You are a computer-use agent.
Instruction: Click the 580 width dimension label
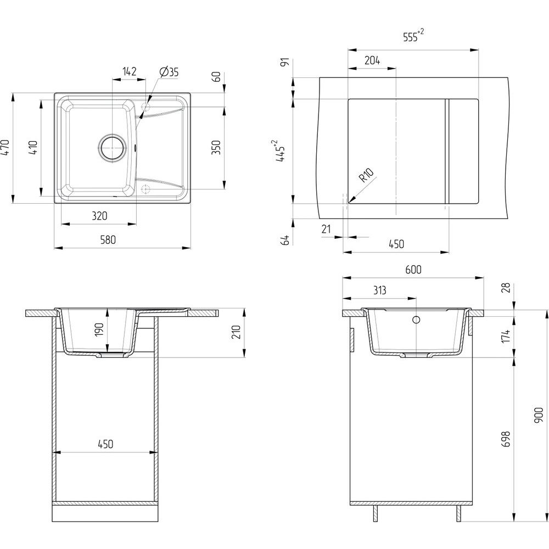click(x=108, y=240)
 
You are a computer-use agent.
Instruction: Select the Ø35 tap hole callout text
click(x=169, y=72)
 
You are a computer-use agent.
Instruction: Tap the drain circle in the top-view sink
click(x=111, y=148)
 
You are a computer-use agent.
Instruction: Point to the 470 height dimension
click(x=5, y=148)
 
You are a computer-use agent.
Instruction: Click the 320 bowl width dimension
click(x=99, y=216)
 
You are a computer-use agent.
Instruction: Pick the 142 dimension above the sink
click(x=129, y=71)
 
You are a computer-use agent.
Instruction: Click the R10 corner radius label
click(x=367, y=175)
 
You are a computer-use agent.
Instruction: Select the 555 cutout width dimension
click(x=413, y=35)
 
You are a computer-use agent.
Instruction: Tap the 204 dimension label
click(x=372, y=60)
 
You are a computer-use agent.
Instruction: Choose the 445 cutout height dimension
click(x=281, y=151)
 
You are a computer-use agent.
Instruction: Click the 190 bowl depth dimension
click(x=99, y=330)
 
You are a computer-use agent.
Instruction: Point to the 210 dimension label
click(x=237, y=332)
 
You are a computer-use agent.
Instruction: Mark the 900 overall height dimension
click(x=539, y=415)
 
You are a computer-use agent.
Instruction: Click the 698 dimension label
click(x=506, y=439)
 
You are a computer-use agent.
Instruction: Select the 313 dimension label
click(x=379, y=290)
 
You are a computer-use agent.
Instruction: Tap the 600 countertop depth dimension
click(x=413, y=270)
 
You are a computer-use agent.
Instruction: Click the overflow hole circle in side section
click(x=416, y=320)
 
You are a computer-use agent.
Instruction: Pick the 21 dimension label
click(x=326, y=229)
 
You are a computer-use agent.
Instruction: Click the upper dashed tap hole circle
click(x=145, y=107)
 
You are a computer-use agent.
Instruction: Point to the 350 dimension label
click(x=217, y=147)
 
